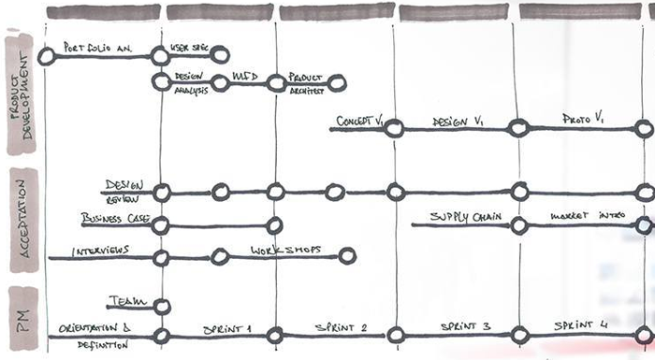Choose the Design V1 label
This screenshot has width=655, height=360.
[458, 122]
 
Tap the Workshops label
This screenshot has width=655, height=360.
[285, 251]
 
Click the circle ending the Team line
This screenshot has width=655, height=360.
[162, 306]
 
